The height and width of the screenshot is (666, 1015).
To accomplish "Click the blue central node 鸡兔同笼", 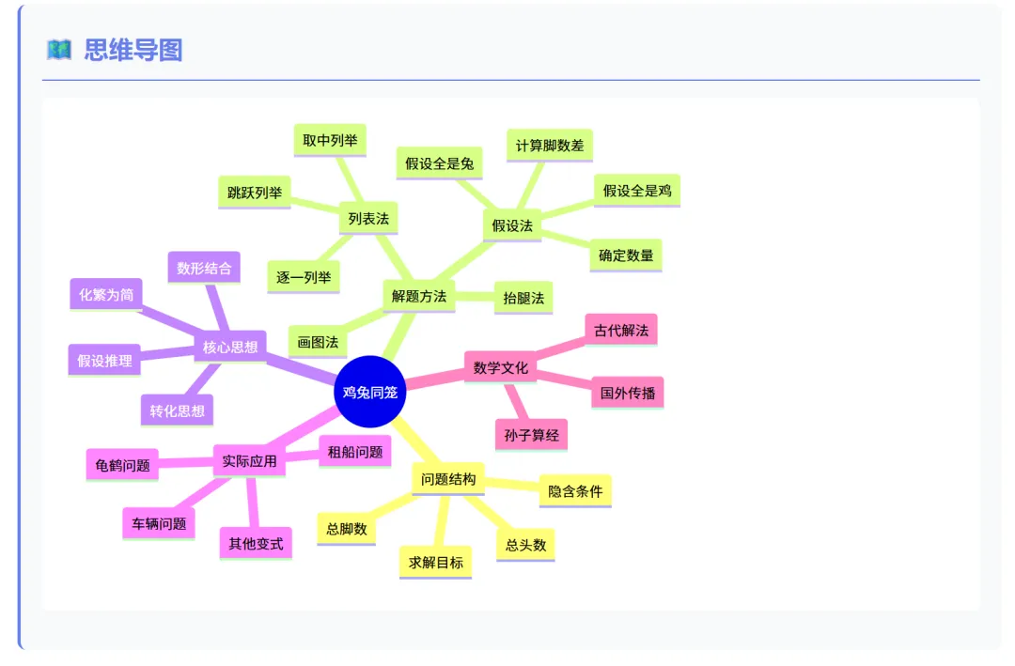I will pos(369,392).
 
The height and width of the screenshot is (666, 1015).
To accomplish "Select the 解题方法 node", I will pos(419,296).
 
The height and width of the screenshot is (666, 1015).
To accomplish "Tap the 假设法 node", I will pos(512,225).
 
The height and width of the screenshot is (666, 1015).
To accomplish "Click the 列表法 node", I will pos(368,219).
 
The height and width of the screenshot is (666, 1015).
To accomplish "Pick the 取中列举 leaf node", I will pos(330,141).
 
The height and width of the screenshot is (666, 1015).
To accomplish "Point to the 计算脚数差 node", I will pos(550,146).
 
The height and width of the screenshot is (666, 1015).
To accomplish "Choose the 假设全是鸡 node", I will pos(637,191).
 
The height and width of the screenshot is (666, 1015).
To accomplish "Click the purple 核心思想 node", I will pos(230,347).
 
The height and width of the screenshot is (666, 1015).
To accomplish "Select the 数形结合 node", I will pos(204,268).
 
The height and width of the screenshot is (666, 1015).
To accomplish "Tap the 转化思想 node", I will pos(178,410).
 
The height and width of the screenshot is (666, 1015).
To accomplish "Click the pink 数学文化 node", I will pos(501,367).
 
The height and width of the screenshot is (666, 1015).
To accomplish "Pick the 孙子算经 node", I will pos(531,435).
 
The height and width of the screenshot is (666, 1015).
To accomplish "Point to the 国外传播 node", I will pos(628,393).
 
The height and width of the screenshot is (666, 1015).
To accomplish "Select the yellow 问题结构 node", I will pos(448,479).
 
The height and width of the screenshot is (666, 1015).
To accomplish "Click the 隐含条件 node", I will pos(575,490).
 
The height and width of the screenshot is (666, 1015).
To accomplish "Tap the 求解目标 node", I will pos(435,563).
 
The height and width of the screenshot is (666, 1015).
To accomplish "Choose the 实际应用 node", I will pos(249,461).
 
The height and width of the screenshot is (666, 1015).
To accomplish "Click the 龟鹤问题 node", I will pos(122,465).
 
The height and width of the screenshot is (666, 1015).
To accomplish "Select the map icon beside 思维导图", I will pos(59,50).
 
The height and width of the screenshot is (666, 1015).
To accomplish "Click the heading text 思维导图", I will pos(133,50).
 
